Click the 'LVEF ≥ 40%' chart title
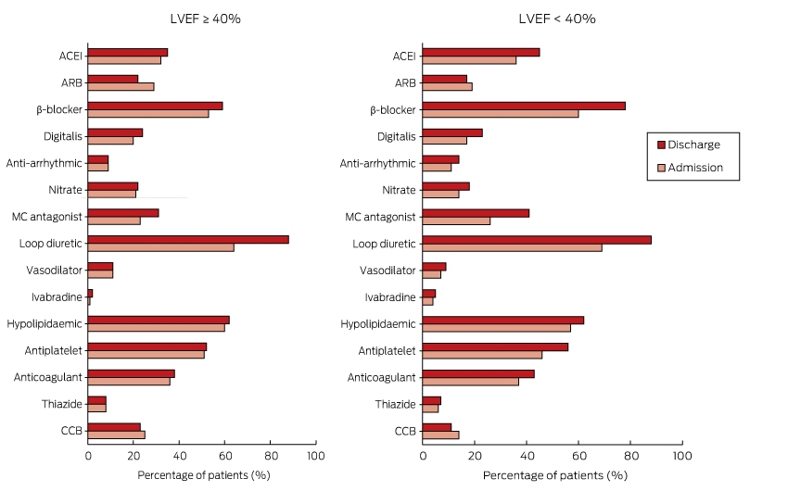(x=205, y=19)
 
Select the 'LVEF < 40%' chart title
(x=557, y=19)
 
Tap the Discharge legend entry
(x=689, y=145)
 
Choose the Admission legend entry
(x=690, y=168)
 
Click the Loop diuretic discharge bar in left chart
(x=188, y=239)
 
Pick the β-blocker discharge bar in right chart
(x=524, y=106)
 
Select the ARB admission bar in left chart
(x=121, y=87)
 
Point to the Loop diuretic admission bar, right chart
(x=512, y=247)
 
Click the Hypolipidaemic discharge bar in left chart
(x=159, y=320)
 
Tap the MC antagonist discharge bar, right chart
(x=476, y=213)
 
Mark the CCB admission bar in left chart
(x=116, y=435)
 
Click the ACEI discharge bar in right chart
(x=481, y=52)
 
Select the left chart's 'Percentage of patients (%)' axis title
(x=204, y=475)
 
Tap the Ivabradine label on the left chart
(x=57, y=297)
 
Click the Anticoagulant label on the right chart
(x=381, y=377)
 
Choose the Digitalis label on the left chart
(x=63, y=136)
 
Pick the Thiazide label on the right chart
(x=396, y=404)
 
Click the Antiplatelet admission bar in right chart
(x=482, y=355)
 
